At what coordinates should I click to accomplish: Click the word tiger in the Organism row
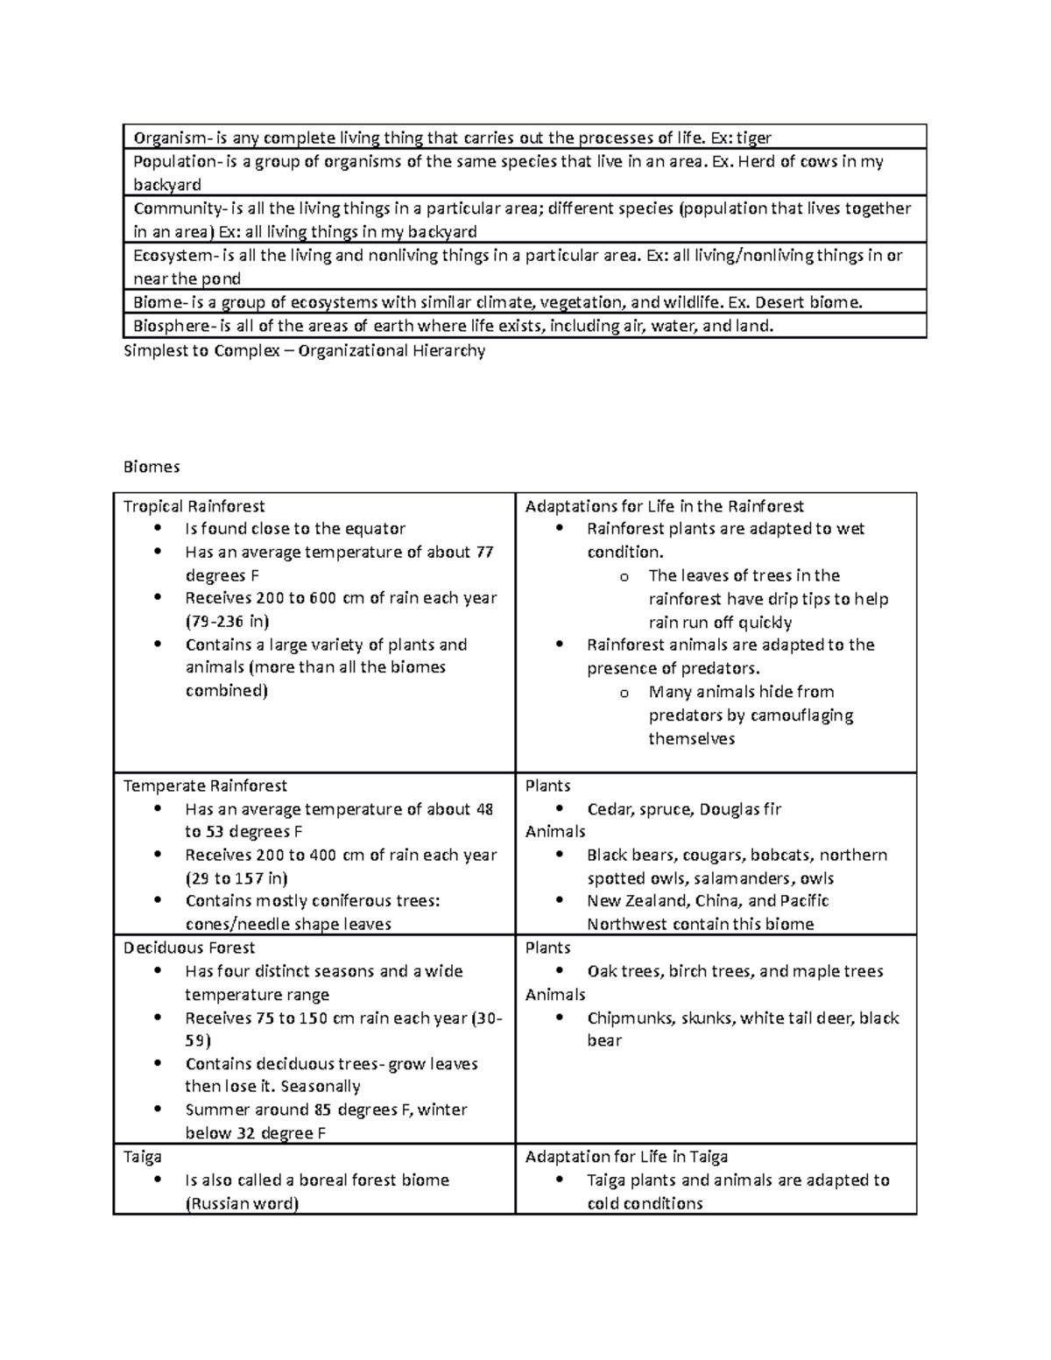click(x=753, y=137)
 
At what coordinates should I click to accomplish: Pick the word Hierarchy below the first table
click(x=448, y=351)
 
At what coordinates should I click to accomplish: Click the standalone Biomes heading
click(x=152, y=467)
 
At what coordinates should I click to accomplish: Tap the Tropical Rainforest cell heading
click(x=194, y=506)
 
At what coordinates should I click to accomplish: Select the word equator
click(x=374, y=529)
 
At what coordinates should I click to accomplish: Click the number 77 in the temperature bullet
click(x=484, y=553)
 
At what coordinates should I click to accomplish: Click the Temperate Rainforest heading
click(x=205, y=786)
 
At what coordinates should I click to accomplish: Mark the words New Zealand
click(x=638, y=901)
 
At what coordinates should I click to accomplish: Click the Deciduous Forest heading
click(x=189, y=948)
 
